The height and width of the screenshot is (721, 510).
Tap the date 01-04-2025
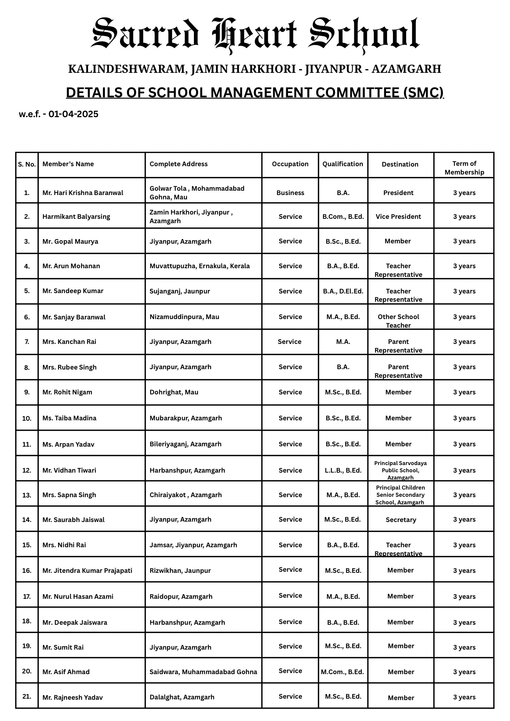73,114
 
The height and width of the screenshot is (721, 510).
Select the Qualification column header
343,164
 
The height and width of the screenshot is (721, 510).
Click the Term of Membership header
464,168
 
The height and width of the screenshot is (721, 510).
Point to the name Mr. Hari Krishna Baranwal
83,193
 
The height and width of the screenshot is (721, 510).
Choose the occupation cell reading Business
290,193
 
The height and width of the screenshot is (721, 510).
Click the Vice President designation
398,217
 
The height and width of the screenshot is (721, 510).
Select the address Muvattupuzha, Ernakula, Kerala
200,266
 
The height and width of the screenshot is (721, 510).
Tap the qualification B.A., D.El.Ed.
343,291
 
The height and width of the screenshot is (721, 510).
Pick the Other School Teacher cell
398,321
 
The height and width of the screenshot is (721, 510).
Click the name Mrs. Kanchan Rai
70,342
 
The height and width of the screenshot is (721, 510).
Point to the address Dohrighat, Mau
174,392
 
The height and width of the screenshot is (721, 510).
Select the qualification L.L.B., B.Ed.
343,470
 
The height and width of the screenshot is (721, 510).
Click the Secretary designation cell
401,520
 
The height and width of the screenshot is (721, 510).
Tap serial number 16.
27,571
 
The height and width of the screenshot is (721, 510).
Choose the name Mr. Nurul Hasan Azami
78,597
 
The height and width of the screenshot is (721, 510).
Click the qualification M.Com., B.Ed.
342,672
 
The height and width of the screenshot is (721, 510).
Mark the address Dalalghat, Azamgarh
182,697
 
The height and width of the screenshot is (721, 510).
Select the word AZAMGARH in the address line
406,69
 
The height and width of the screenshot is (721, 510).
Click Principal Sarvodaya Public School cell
400,470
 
